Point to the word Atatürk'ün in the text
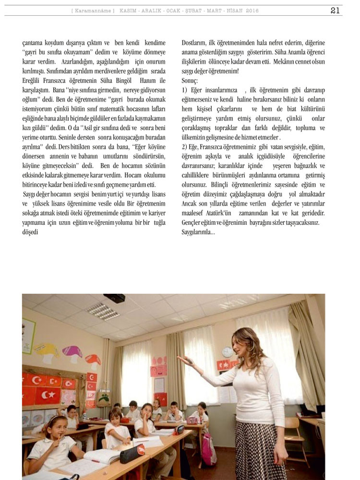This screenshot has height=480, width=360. tap(220, 212)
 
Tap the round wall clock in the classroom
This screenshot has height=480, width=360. tap(227, 352)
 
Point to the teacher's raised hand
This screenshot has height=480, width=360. tap(184, 359)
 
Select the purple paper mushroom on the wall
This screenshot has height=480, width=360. tap(72, 354)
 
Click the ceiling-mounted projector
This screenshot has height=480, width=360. tap(114, 299)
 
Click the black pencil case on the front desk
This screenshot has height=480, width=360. tap(132, 453)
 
